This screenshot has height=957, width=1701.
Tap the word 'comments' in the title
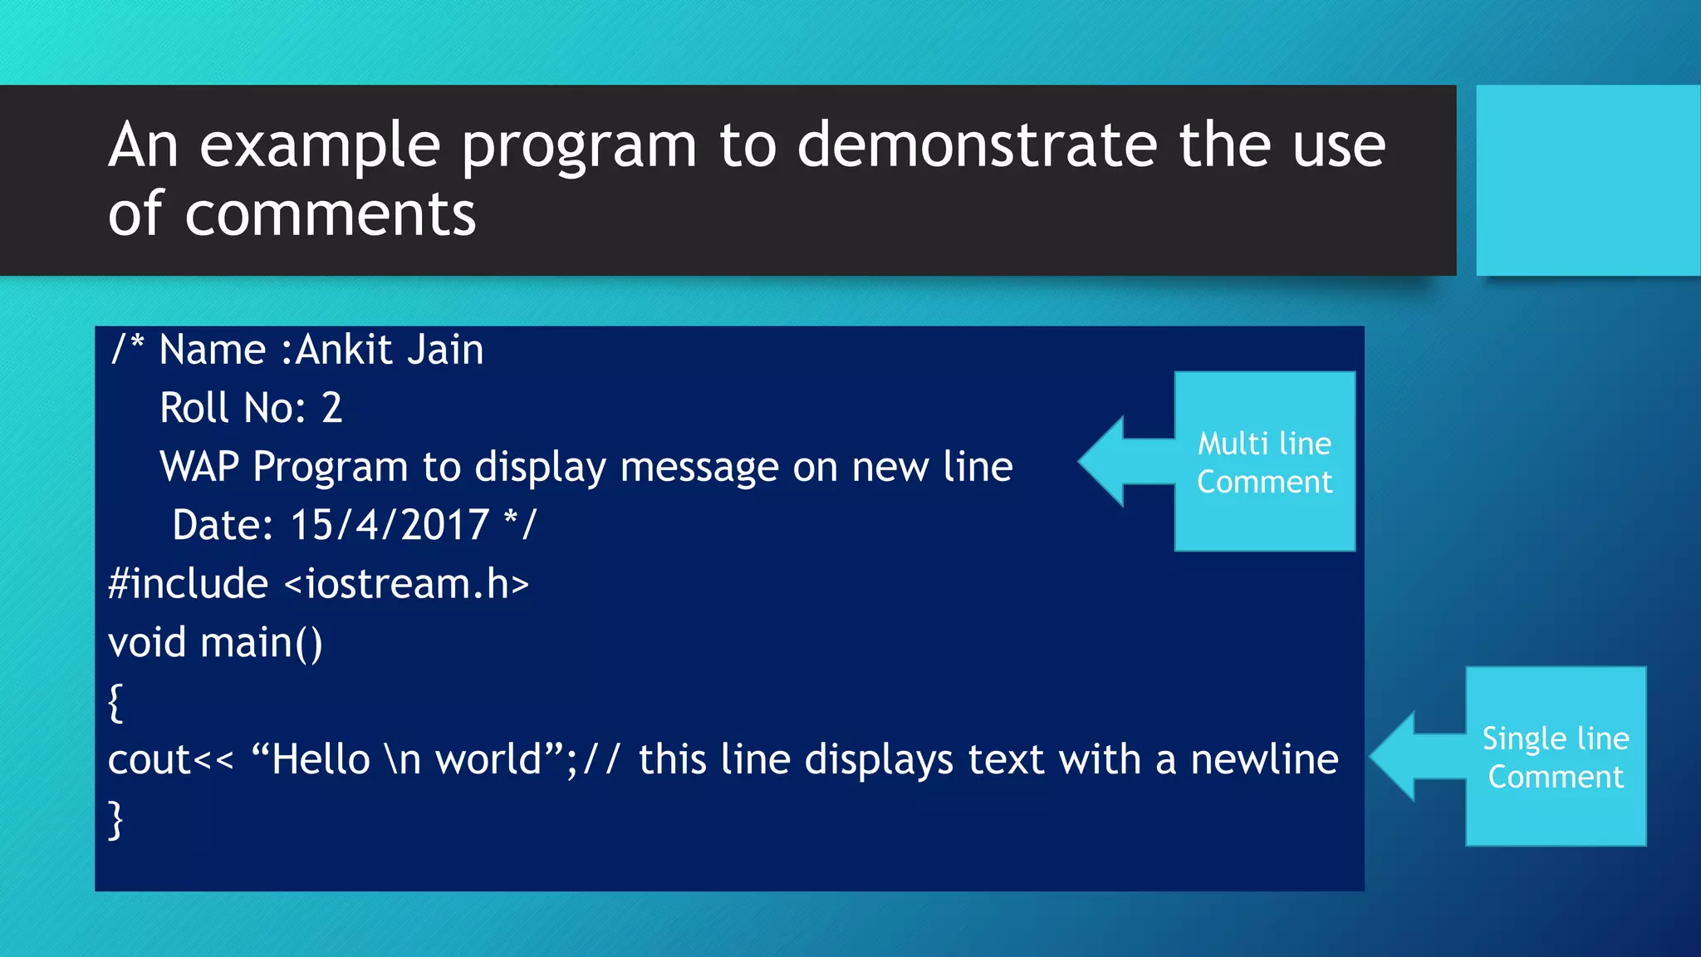pyautogui.click(x=330, y=214)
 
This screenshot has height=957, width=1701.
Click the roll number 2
pyautogui.click(x=331, y=408)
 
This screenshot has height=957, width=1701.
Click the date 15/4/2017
pyautogui.click(x=390, y=525)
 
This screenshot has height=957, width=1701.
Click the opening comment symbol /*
pyautogui.click(x=127, y=348)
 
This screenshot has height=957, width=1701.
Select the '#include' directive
pyautogui.click(x=188, y=583)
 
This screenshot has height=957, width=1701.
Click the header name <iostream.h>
pyautogui.click(x=406, y=583)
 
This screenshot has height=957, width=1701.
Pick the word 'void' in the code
pyautogui.click(x=147, y=643)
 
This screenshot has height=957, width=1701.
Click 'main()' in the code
pyautogui.click(x=261, y=643)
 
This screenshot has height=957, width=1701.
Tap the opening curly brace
pyautogui.click(x=115, y=703)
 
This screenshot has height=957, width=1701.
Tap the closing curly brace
pyautogui.click(x=115, y=820)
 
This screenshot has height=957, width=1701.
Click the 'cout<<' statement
pyautogui.click(x=170, y=760)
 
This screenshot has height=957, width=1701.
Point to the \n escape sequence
pyautogui.click(x=403, y=760)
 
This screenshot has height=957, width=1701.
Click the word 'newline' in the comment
pyautogui.click(x=1263, y=760)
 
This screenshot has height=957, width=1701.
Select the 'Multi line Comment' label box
pyautogui.click(x=1264, y=462)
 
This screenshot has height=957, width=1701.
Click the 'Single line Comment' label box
pyautogui.click(x=1555, y=757)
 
